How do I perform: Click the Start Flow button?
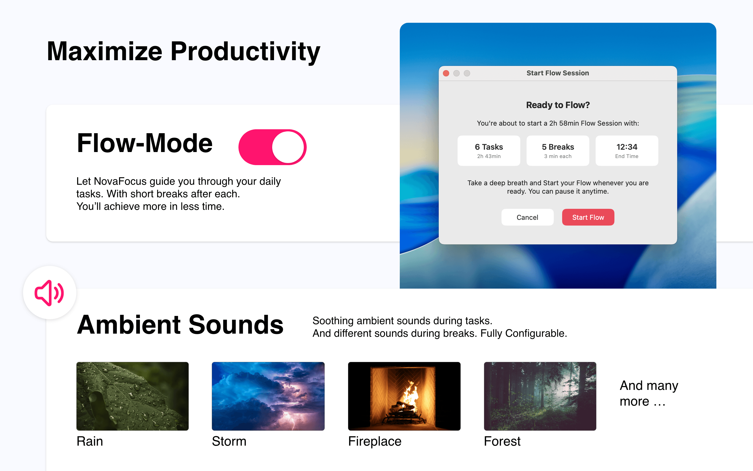[x=588, y=217]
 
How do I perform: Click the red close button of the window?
[x=446, y=73]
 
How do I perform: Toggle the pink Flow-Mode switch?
[x=272, y=147]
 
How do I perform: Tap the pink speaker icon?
[x=49, y=293]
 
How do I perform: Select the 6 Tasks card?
[x=488, y=150]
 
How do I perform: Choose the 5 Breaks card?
[x=558, y=150]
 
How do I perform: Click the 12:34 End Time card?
[x=627, y=150]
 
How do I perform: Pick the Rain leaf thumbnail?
[x=133, y=396]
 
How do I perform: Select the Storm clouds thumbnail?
[x=268, y=396]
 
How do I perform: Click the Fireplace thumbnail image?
[x=404, y=396]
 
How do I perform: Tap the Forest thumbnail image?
[x=540, y=396]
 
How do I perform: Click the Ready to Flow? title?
[x=558, y=105]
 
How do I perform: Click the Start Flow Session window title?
[x=558, y=73]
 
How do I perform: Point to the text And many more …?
[x=648, y=393]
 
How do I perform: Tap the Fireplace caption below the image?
[x=375, y=441]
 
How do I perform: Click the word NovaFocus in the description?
[x=120, y=181]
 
